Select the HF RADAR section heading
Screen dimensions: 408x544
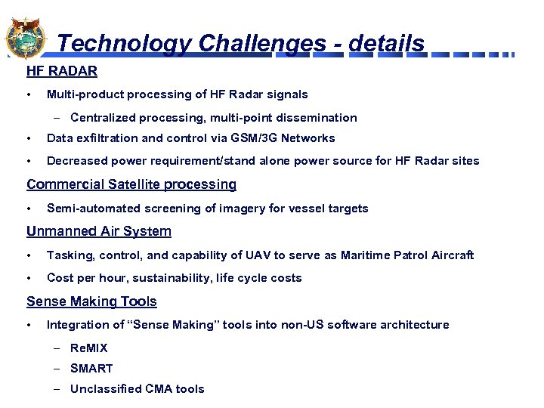coord(62,72)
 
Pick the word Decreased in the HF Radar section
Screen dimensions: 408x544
coord(76,161)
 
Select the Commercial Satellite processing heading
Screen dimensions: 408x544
coord(131,184)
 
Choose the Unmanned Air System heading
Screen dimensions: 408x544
coord(99,231)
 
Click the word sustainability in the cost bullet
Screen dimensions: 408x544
coord(165,278)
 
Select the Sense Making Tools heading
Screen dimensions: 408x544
coord(91,301)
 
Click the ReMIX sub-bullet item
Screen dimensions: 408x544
coord(89,348)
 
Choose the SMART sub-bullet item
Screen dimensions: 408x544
coord(91,369)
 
